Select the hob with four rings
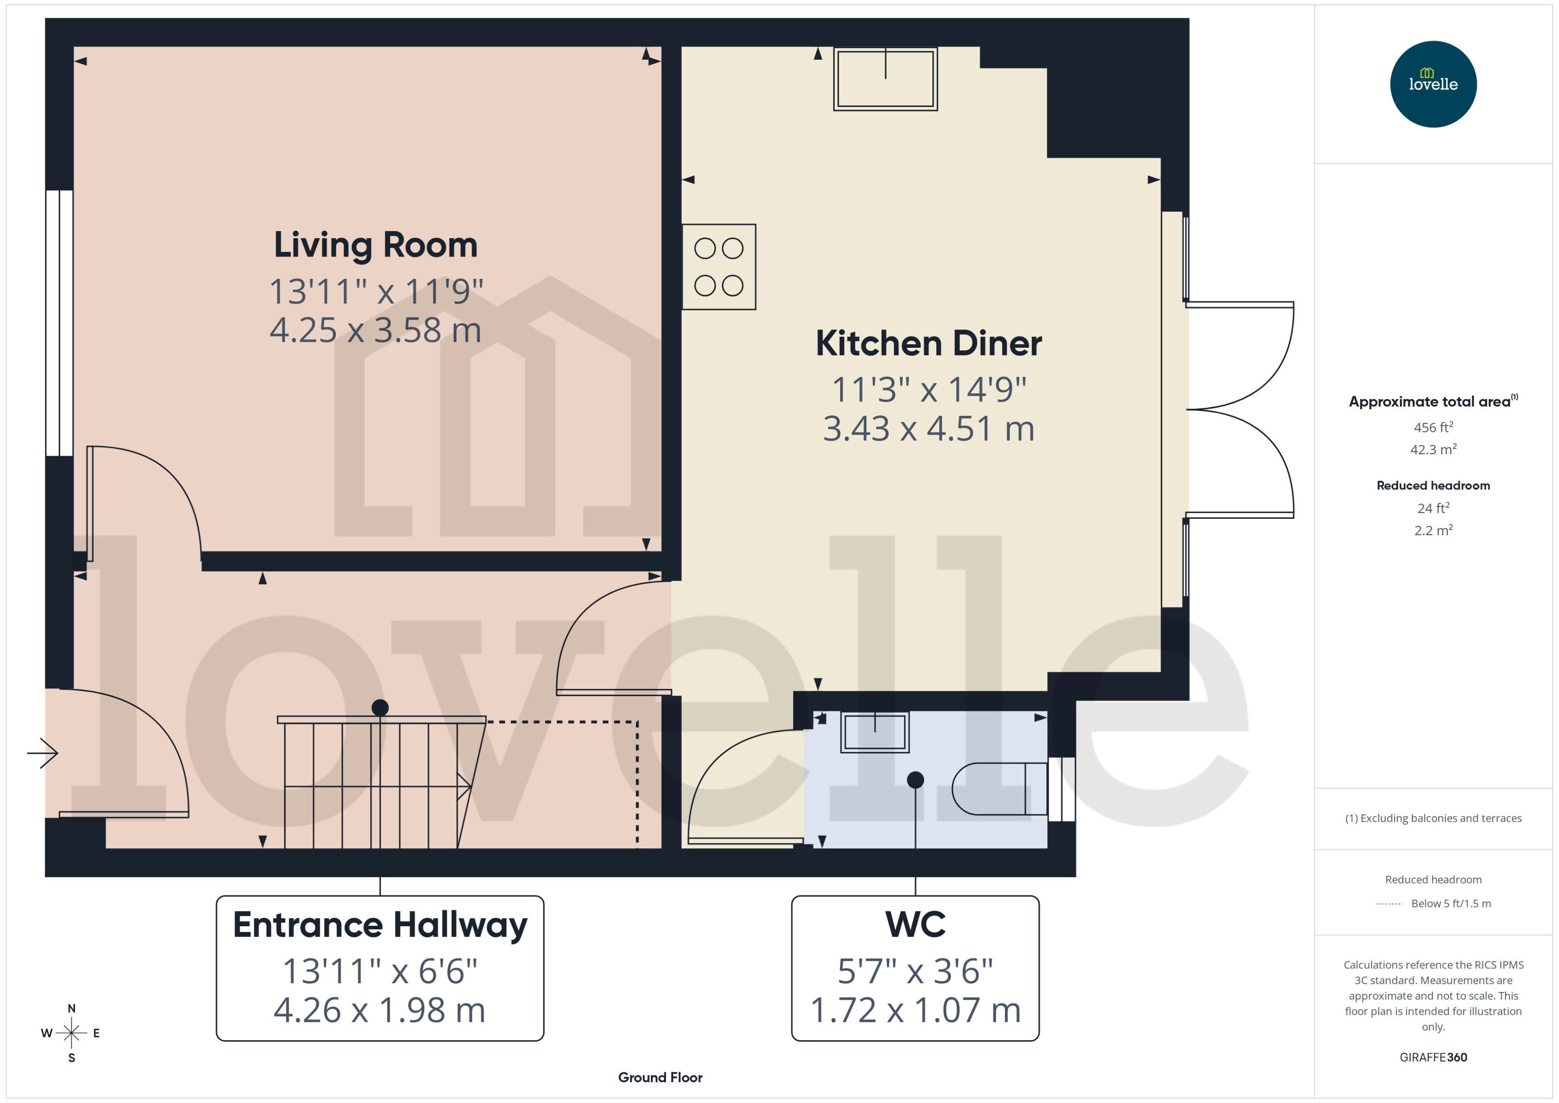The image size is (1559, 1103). (719, 267)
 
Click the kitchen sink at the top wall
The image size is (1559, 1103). (885, 79)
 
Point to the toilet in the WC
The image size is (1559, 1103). (999, 789)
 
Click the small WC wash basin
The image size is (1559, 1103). (874, 732)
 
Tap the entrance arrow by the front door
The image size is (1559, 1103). (43, 753)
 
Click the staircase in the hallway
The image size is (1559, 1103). (380, 785)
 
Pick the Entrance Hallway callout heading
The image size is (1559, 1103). (380, 925)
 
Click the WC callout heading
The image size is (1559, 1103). (915, 925)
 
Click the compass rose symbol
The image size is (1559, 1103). (71, 1033)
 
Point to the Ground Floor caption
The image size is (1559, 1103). (660, 1077)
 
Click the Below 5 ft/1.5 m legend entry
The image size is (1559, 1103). (1450, 904)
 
